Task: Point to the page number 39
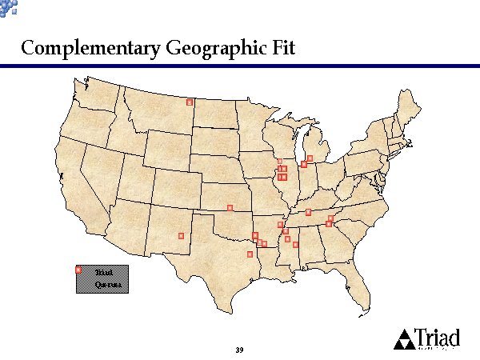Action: [x=239, y=350]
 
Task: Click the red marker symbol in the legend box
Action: [x=78, y=270]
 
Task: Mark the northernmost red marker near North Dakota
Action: [x=190, y=102]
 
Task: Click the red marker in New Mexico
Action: [x=182, y=235]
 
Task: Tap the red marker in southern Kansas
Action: [x=230, y=208]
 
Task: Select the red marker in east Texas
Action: [x=250, y=254]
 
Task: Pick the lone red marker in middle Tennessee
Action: [x=308, y=212]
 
